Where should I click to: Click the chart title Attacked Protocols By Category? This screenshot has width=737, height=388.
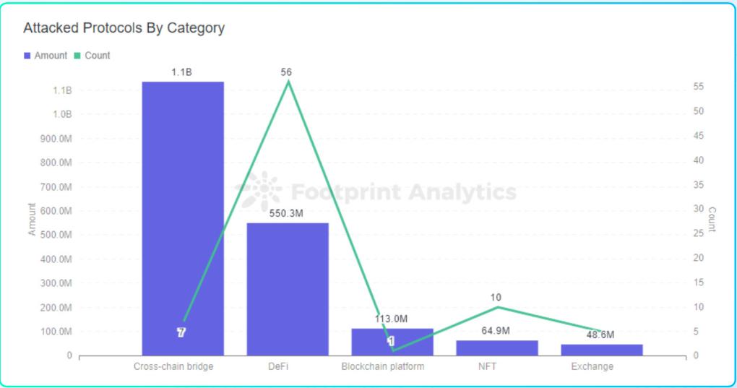[124, 28]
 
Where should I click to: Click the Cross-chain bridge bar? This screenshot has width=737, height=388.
[183, 217]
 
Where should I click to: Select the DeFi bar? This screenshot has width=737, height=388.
[288, 289]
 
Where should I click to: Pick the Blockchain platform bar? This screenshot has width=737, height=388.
[392, 342]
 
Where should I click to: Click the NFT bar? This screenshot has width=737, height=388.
[497, 348]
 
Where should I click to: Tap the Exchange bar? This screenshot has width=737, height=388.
[602, 350]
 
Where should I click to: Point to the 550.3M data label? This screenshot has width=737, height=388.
[287, 214]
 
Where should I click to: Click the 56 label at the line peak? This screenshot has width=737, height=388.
[287, 72]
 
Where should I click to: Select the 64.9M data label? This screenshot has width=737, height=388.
[495, 331]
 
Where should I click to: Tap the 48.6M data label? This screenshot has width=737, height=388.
[600, 335]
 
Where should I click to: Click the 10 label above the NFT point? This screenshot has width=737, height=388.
[495, 298]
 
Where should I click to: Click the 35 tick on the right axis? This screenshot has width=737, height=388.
[699, 184]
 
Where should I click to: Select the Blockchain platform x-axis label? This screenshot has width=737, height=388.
[383, 366]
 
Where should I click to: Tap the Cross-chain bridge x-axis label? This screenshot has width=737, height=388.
[173, 366]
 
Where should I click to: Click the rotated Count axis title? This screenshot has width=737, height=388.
[712, 220]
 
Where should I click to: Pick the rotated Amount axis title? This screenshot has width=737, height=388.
[32, 220]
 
